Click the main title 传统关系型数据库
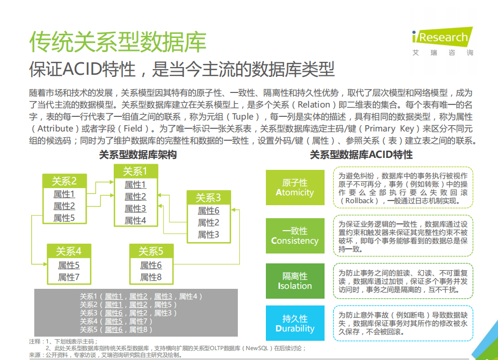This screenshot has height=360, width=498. coord(118,42)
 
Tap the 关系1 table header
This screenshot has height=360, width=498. coord(135,171)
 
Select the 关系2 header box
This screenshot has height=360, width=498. coord(64,181)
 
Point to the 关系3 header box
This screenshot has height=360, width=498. coord(208,197)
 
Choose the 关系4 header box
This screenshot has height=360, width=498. coord(69,251)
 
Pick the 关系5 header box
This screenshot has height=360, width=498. coord(151,251)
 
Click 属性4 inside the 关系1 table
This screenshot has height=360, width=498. coord(135,220)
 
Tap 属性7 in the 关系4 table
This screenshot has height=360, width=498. coord(69,277)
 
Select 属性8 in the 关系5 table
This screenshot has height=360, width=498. coord(151,277)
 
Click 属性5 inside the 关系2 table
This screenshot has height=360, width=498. coord(64,218)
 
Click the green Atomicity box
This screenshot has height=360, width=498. coord(295,188)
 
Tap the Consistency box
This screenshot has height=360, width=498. coord(295,236)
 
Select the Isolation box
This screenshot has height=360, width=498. coord(295,281)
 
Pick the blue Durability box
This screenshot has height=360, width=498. coord(295,323)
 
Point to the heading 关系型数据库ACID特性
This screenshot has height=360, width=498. coord(361,155)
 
